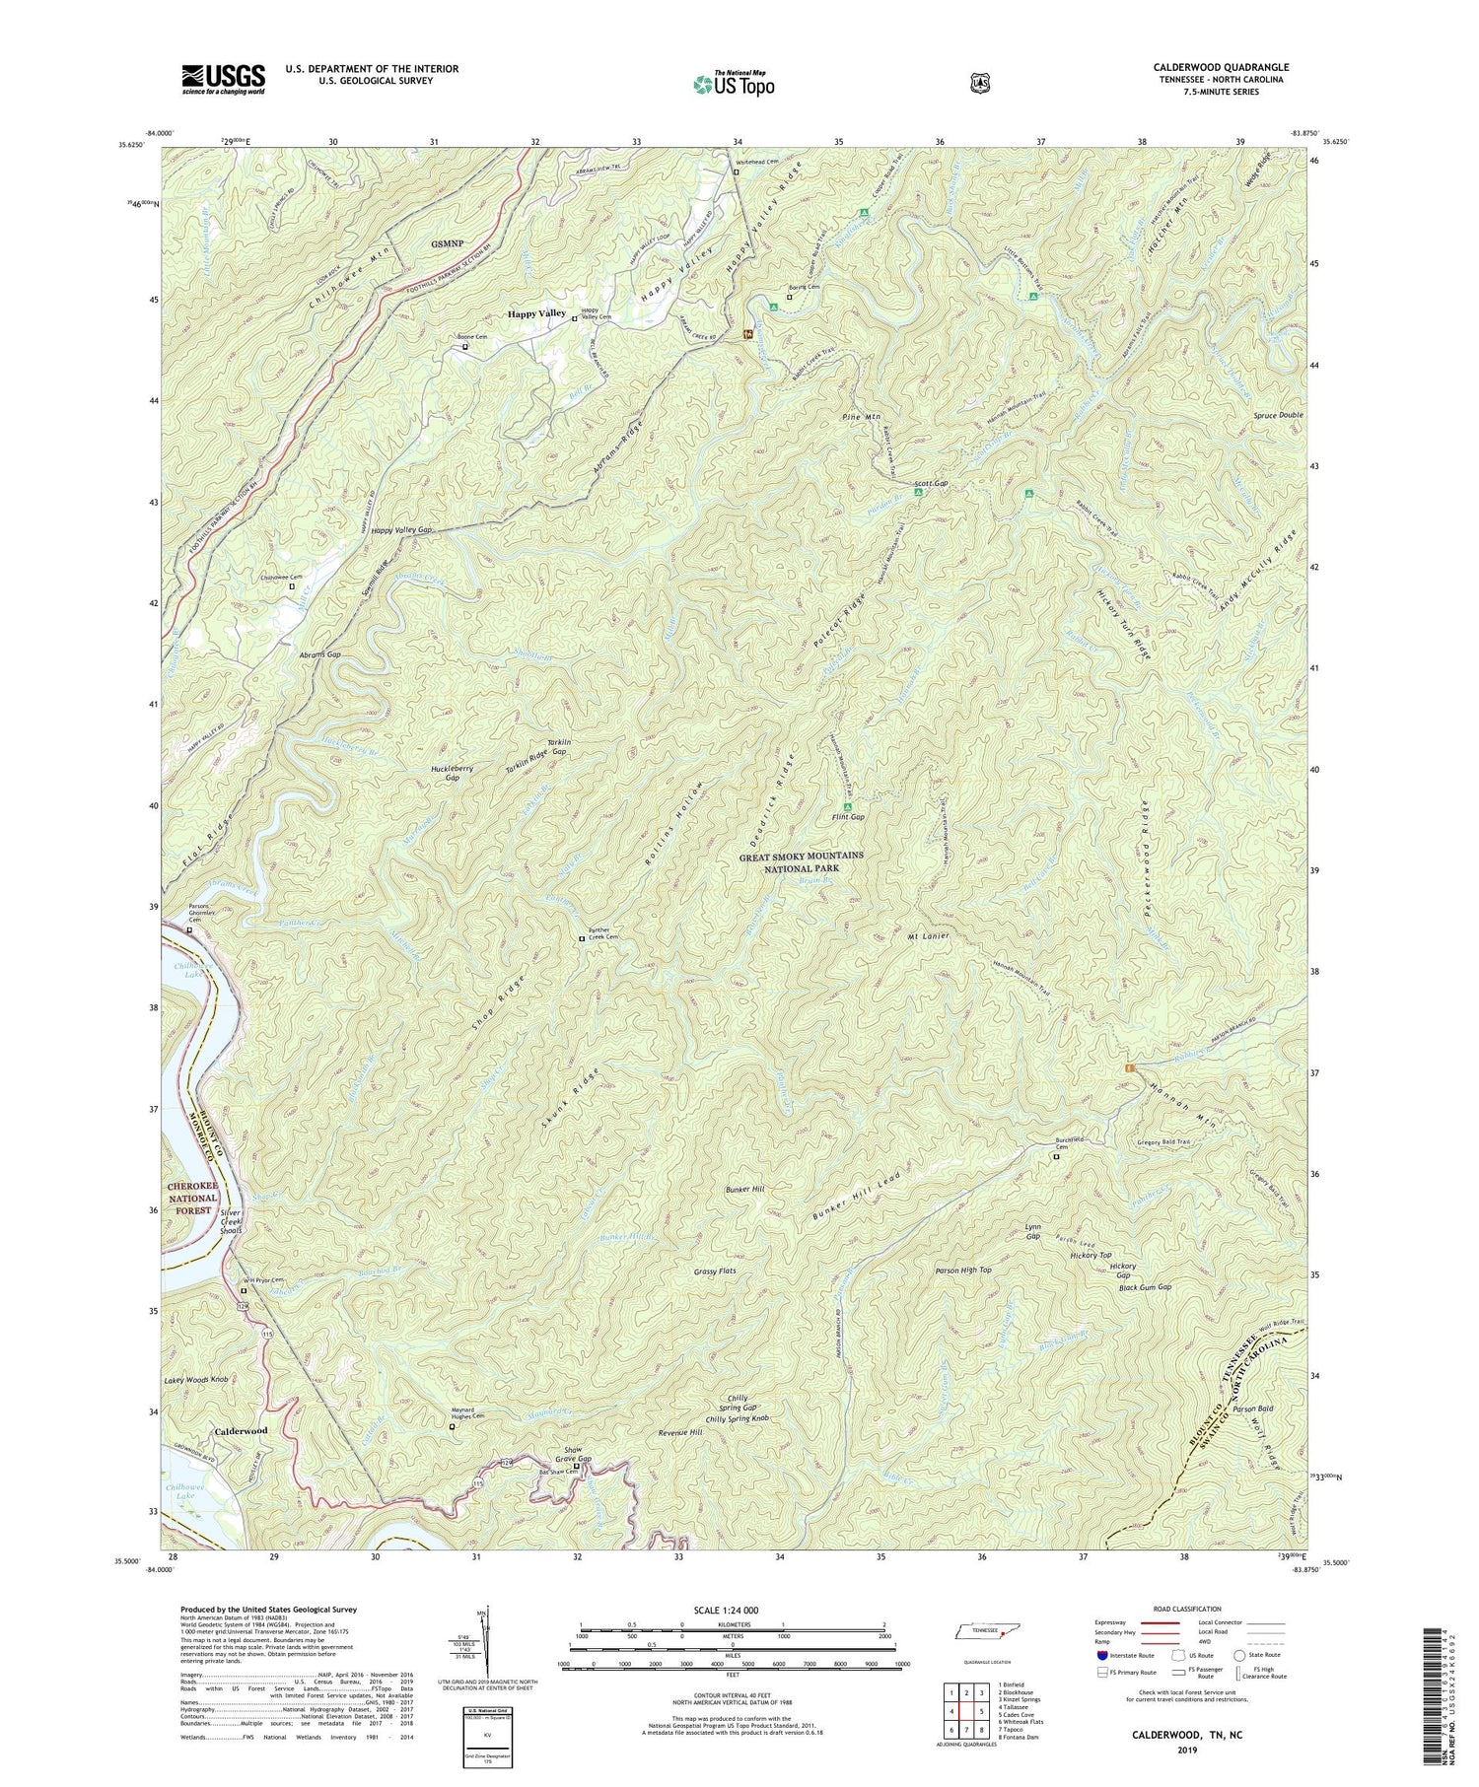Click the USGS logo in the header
223,79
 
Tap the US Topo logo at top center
734,84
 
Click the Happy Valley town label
536,313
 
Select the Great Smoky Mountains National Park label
801,861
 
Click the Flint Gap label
847,817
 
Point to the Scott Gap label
931,484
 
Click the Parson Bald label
1253,1409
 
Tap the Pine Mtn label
861,417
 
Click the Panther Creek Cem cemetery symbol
581,939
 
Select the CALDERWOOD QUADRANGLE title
1221,67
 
